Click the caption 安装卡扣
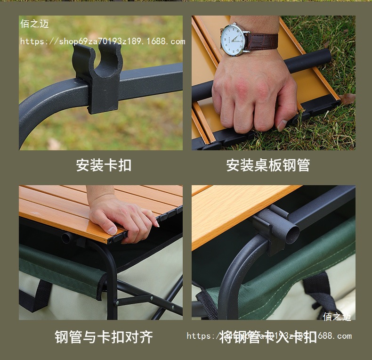(104, 165)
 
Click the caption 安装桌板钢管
(268, 165)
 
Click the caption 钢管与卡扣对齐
(104, 337)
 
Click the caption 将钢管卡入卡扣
(268, 337)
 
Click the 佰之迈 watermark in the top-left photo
(34, 24)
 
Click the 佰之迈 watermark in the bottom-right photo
(337, 317)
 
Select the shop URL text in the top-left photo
(102, 41)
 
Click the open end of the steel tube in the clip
(291, 232)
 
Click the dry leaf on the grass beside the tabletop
(348, 98)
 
